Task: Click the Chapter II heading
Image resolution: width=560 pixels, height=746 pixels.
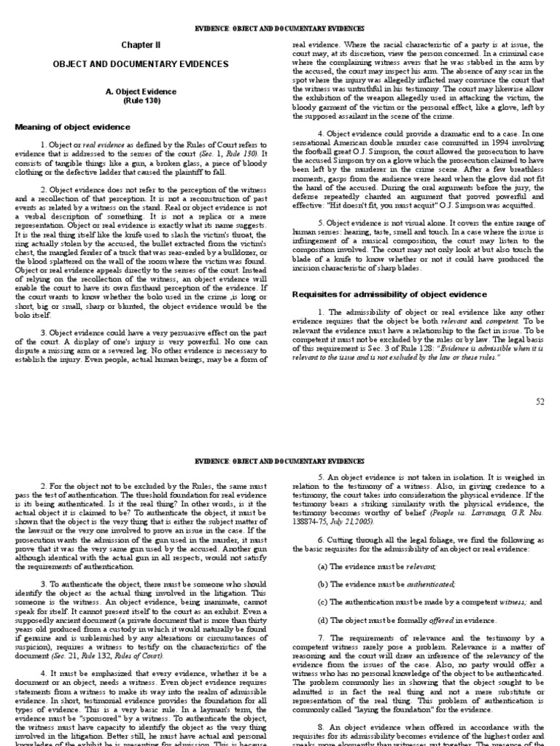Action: pyautogui.click(x=139, y=44)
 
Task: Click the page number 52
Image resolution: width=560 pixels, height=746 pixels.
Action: pyautogui.click(x=540, y=401)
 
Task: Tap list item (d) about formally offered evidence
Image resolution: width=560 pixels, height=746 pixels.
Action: pyautogui.click(x=407, y=620)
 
